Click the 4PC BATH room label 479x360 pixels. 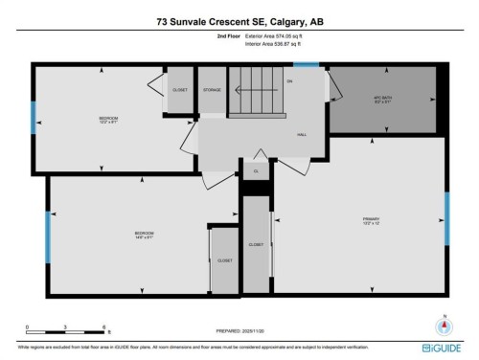(x=383, y=100)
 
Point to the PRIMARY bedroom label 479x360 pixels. (x=372, y=221)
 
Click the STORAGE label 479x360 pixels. (x=212, y=90)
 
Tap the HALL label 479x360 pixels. (x=302, y=136)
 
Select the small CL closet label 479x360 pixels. (x=255, y=171)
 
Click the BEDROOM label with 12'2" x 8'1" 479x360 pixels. (x=107, y=120)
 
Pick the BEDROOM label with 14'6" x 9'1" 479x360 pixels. (x=144, y=234)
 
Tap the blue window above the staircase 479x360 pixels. (x=306, y=65)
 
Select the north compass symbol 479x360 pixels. (x=443, y=324)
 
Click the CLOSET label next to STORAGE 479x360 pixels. (x=180, y=90)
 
